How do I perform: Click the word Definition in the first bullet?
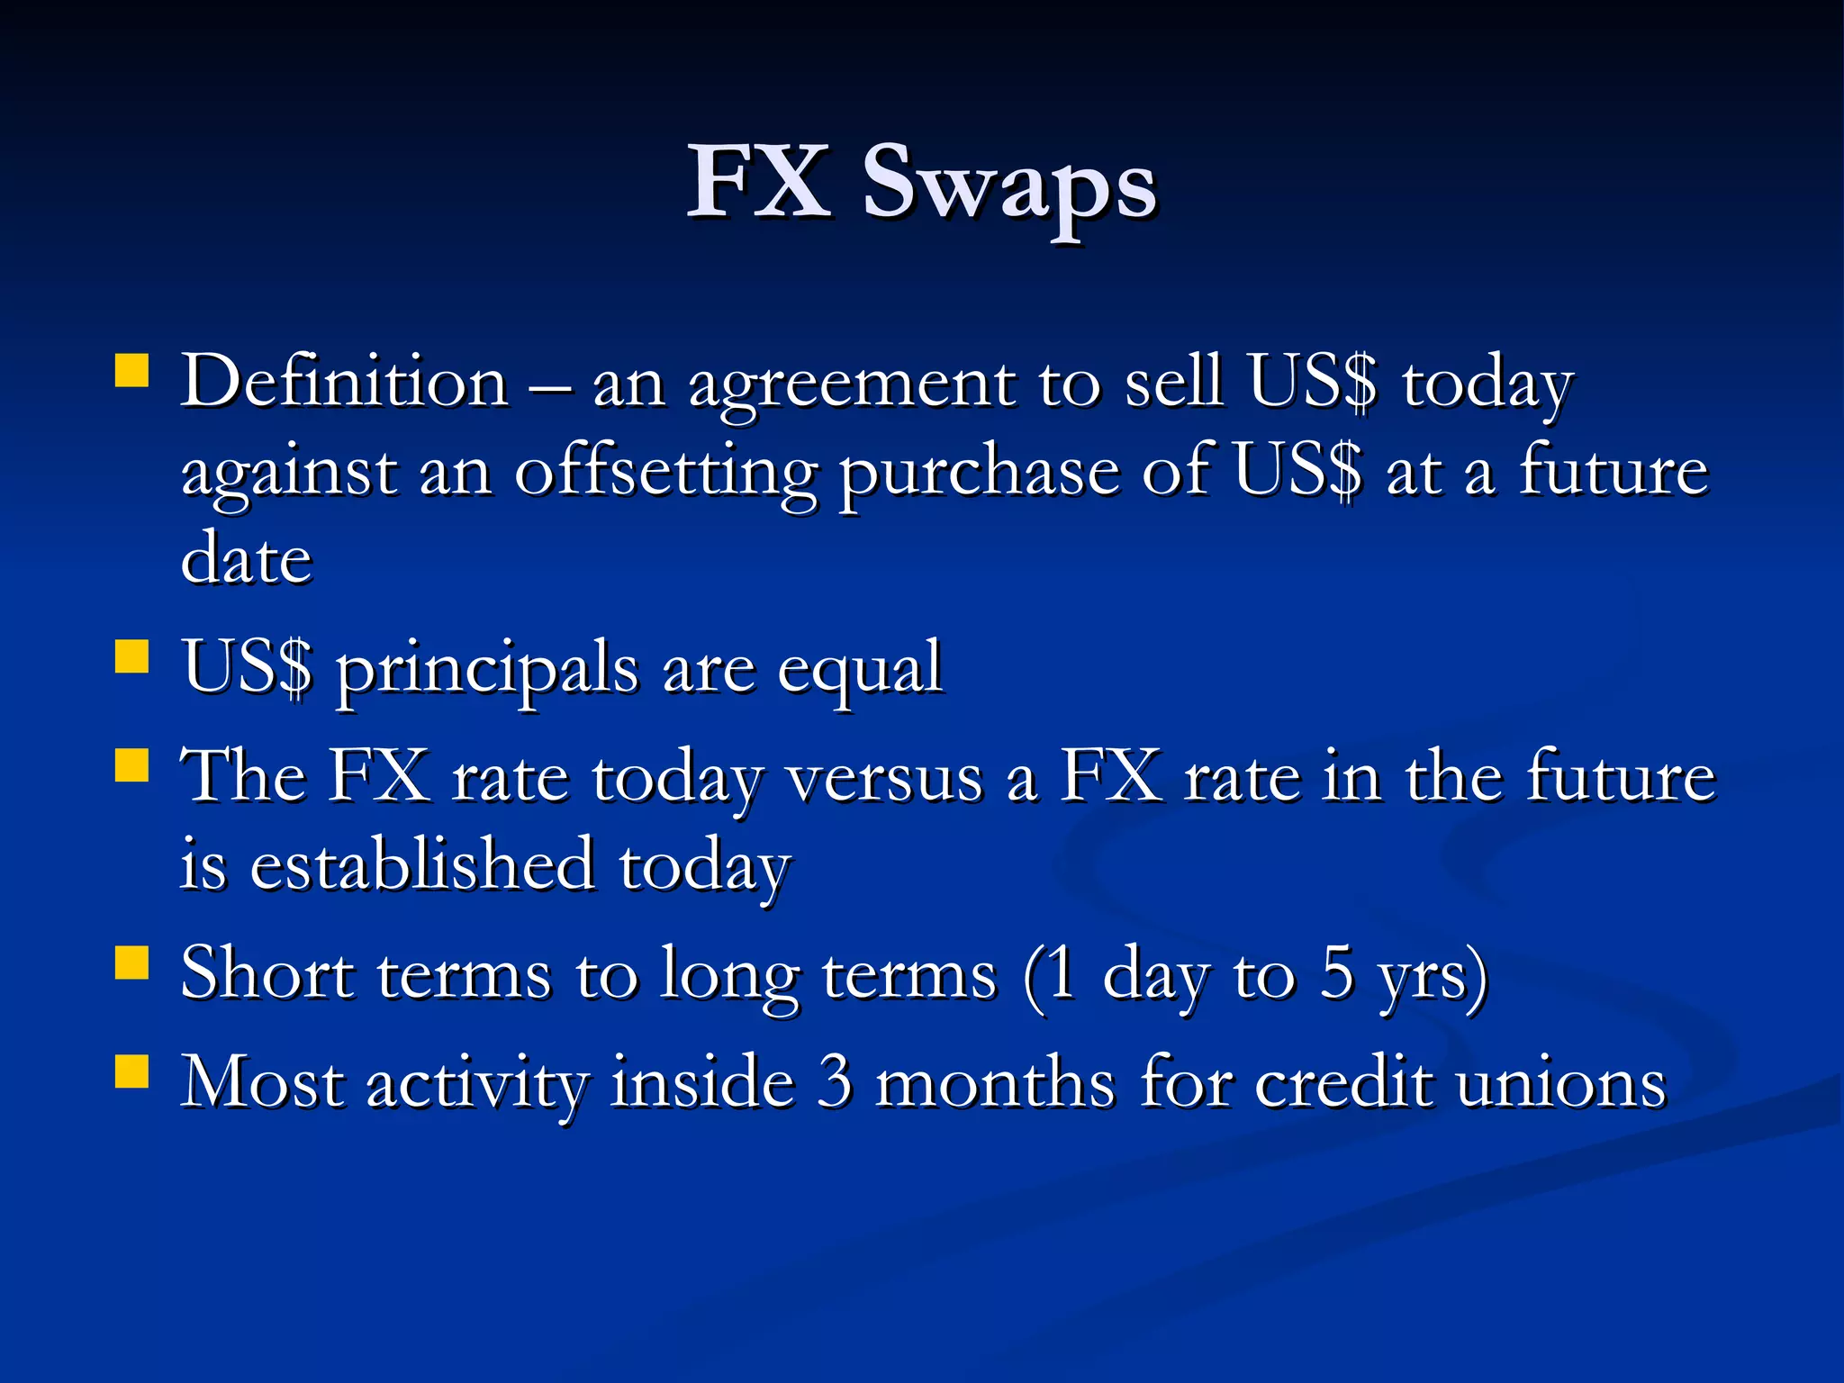pos(344,383)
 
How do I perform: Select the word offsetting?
pos(665,474)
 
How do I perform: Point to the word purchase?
pos(979,474)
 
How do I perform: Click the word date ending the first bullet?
pos(246,558)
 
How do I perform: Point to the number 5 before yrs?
pos(1338,974)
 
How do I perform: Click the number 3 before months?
pos(835,1082)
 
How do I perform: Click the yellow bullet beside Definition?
pos(132,370)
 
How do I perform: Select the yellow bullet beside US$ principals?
pos(132,657)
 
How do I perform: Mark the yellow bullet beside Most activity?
pos(132,1071)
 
